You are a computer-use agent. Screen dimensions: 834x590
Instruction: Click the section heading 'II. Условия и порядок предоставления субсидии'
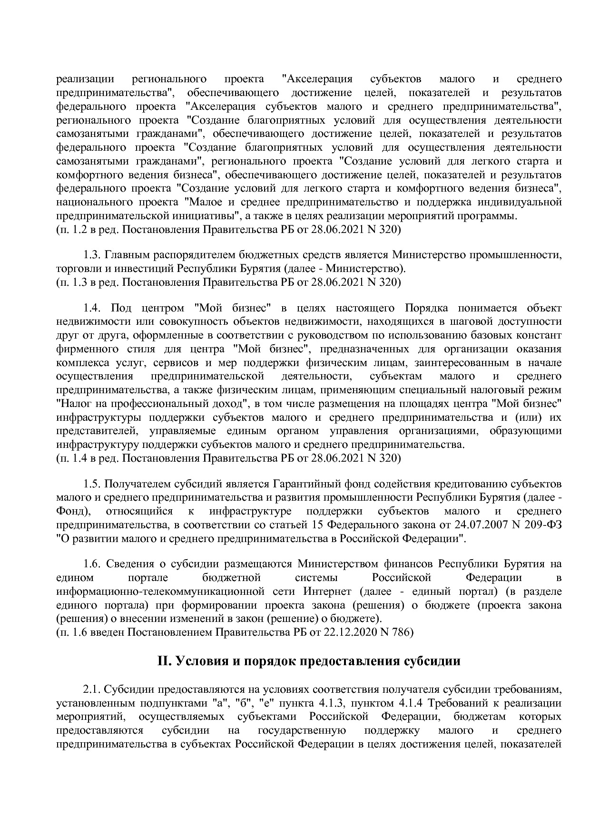(309, 661)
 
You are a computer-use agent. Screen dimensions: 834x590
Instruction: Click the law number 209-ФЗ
(543, 525)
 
